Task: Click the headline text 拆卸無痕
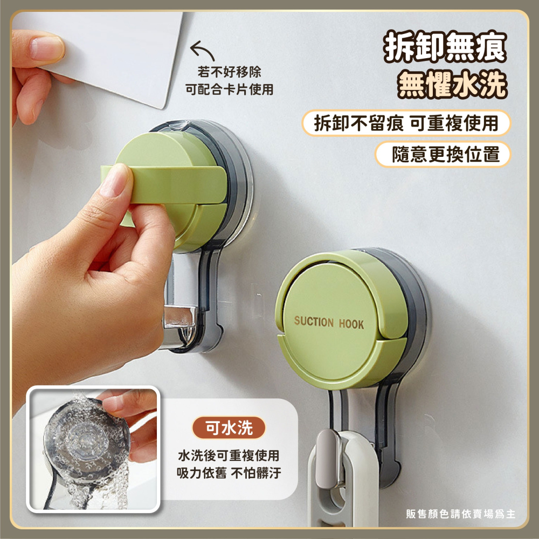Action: click(445, 46)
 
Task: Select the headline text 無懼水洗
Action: click(452, 84)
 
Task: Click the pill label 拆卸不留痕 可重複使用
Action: click(406, 123)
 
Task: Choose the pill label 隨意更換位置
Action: click(444, 154)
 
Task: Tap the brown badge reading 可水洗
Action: click(229, 428)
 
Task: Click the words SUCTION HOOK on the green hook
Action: click(329, 322)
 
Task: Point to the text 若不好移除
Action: click(229, 72)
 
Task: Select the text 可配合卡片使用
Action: click(229, 89)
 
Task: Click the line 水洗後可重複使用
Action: click(229, 455)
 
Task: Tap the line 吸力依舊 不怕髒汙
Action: click(229, 473)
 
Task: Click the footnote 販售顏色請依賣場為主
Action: click(461, 514)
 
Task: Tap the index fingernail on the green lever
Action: click(116, 180)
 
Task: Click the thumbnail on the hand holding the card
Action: click(46, 48)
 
